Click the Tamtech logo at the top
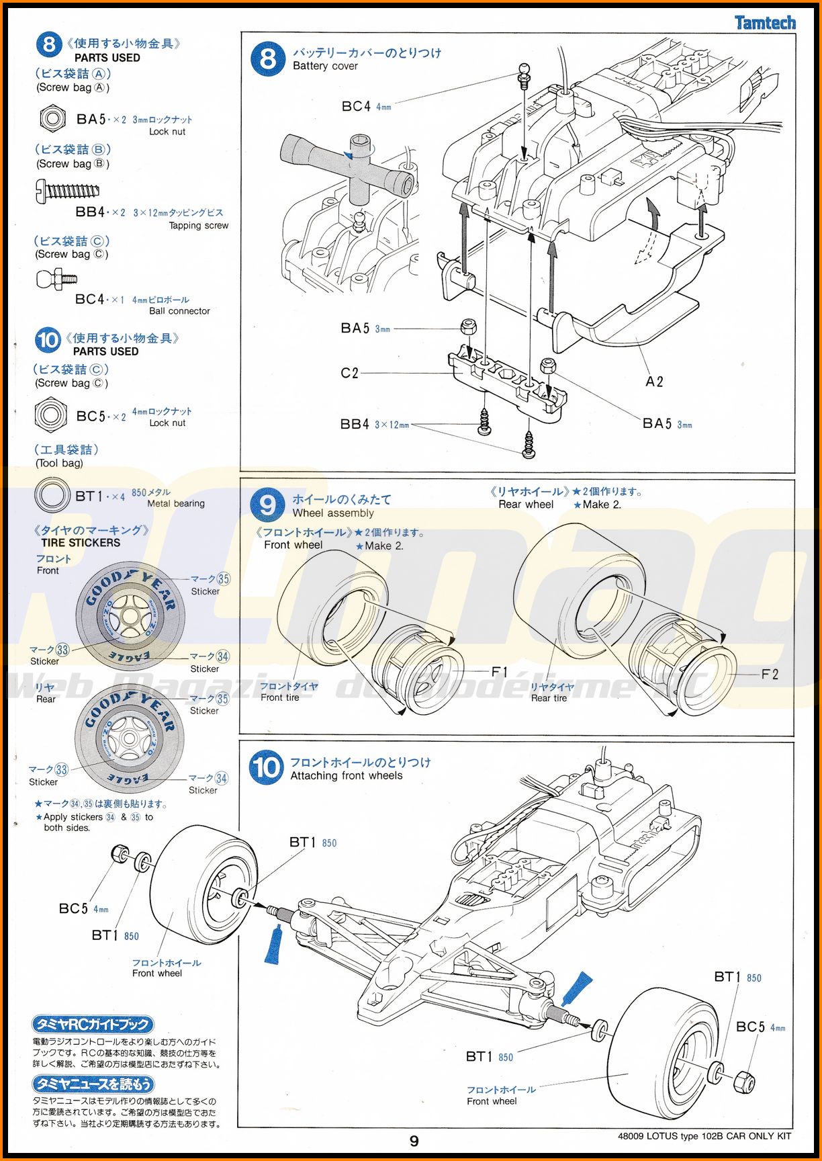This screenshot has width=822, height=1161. click(x=765, y=23)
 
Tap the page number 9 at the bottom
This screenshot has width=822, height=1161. click(x=414, y=1141)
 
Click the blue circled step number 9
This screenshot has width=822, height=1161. click(x=267, y=505)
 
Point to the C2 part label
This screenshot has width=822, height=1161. click(x=350, y=373)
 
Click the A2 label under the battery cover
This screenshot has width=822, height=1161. click(x=654, y=382)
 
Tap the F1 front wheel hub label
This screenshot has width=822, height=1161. click(x=500, y=672)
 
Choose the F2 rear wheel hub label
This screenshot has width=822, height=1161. click(x=770, y=674)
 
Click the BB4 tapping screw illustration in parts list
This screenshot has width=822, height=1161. click(x=67, y=191)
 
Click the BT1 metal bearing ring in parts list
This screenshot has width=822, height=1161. click(x=52, y=496)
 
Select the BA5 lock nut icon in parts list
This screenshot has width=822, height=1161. click(x=52, y=119)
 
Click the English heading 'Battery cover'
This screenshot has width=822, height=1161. click(x=325, y=66)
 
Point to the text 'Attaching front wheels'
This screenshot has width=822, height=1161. click(x=346, y=775)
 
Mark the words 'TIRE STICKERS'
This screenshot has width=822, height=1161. click(x=81, y=543)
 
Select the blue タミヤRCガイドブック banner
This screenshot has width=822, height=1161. click(x=93, y=1025)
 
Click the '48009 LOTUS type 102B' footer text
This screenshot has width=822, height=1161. click(x=704, y=1136)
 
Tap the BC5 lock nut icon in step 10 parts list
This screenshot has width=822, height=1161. click(x=50, y=415)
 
